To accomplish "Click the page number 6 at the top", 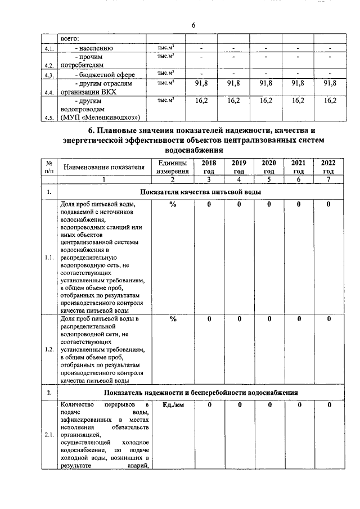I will [193, 25].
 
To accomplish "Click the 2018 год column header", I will [209, 166].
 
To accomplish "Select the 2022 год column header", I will [328, 166].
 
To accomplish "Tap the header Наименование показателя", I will [100, 167].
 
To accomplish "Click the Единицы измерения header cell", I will [172, 166].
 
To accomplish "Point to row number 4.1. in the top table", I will [49, 49].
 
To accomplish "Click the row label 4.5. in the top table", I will [49, 118].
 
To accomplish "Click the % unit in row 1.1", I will [172, 205].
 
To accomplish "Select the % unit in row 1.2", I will [172, 319].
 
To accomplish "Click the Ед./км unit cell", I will [172, 405].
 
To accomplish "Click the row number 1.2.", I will [49, 349].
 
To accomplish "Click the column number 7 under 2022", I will [328, 179].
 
